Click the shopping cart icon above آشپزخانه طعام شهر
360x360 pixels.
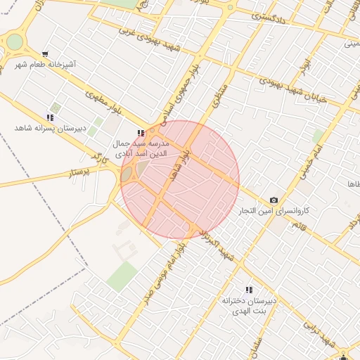46,53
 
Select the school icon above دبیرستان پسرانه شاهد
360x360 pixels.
49,117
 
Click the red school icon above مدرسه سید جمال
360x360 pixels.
142,132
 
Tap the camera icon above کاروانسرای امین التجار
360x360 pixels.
274,200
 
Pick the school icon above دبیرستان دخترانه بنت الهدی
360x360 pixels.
248,290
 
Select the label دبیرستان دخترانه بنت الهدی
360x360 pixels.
249,306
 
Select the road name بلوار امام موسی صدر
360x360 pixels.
159,271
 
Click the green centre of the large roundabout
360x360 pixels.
14,41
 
